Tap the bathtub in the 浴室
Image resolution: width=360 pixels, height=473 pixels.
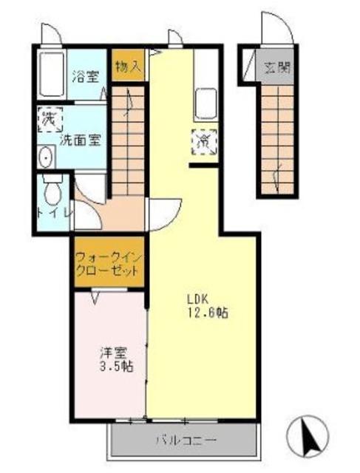pos(51,76)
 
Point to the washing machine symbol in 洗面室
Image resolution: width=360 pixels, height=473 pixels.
pos(50,118)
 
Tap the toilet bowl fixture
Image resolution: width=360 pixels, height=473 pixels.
pos(52,194)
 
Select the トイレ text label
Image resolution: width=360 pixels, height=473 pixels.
pos(53,214)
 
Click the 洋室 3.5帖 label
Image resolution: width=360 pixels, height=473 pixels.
pos(117,358)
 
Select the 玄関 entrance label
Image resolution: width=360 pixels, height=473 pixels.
pos(276,69)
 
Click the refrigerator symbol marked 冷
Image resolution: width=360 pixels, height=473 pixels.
pos(203,140)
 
